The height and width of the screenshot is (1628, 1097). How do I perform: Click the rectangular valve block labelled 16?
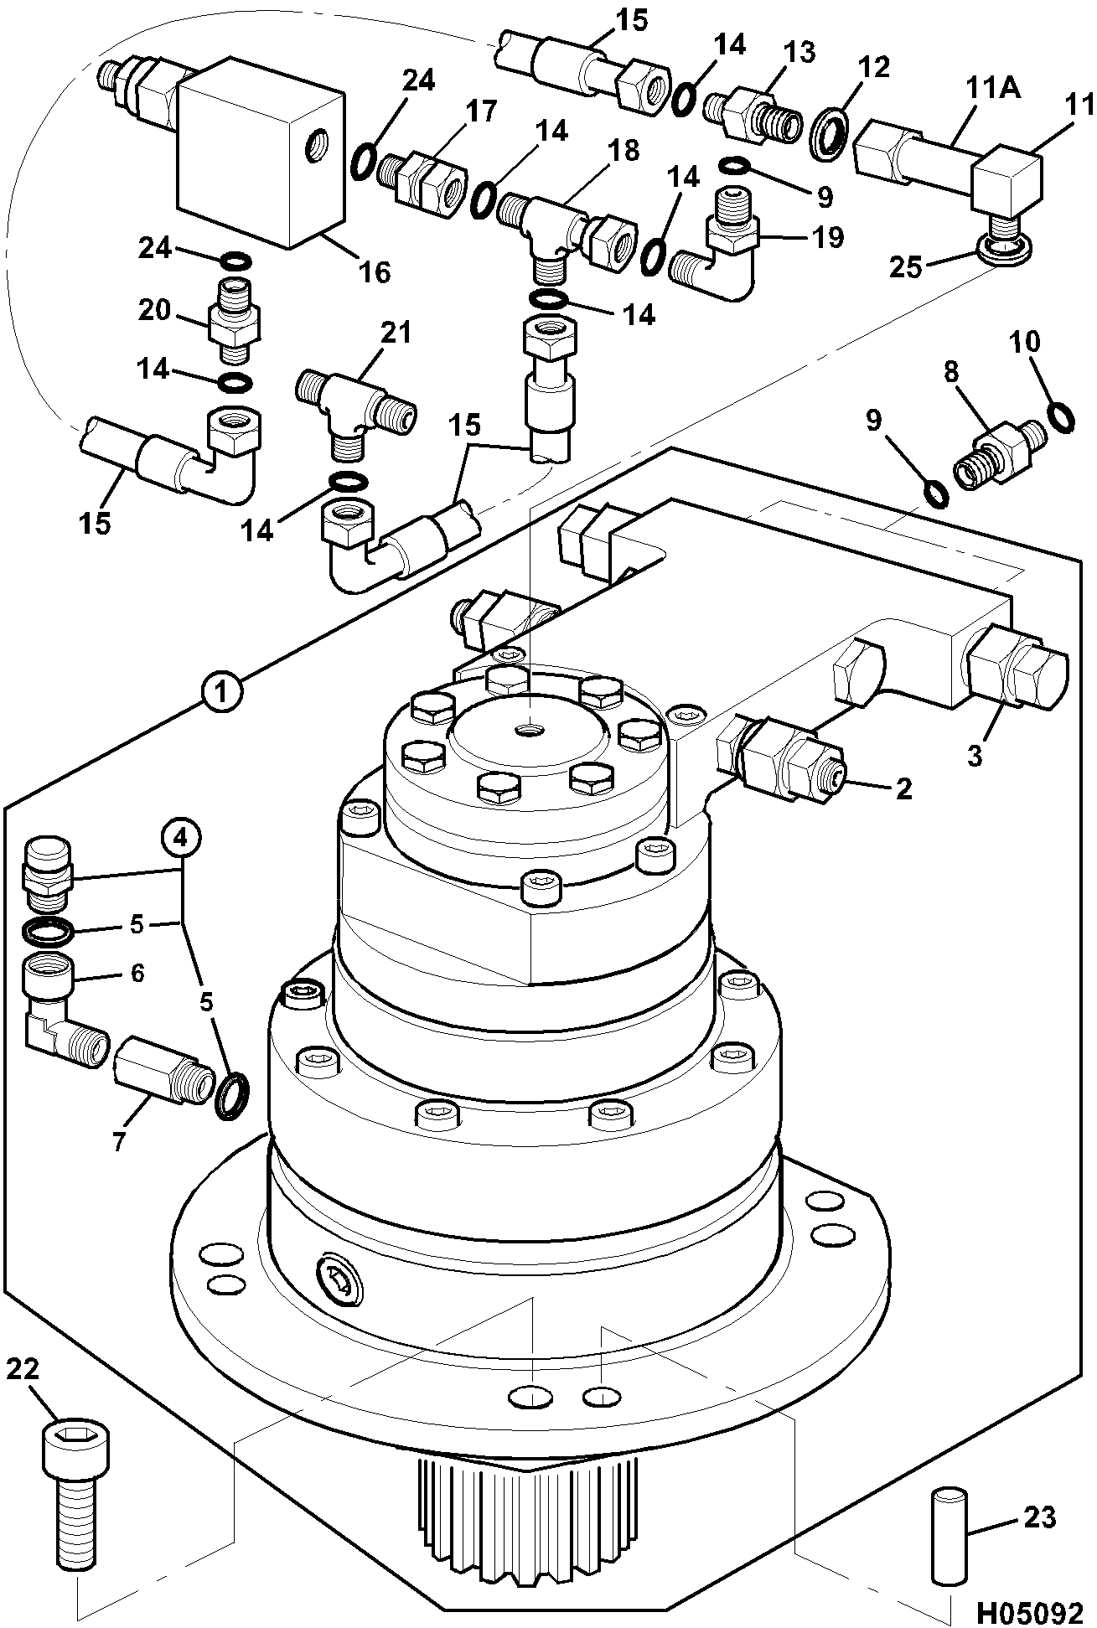coord(261,152)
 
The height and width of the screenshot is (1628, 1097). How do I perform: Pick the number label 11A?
coord(994,87)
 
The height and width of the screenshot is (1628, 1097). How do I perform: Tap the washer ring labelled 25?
coord(1003,249)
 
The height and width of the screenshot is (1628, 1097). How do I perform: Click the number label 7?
coord(118,1140)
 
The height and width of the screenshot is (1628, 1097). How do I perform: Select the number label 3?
coord(974,755)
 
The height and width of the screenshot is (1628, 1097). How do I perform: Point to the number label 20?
coord(155,310)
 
